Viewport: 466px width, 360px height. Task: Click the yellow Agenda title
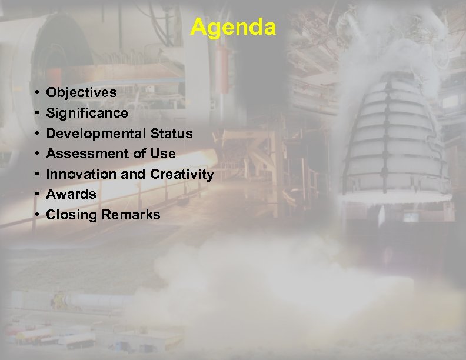[233, 27]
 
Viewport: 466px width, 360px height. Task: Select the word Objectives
[81, 93]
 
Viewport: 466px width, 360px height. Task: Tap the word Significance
[86, 113]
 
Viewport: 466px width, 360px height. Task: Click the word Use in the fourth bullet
[163, 154]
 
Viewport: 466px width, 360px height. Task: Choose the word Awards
[71, 194]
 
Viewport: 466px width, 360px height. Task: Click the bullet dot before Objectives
[37, 93]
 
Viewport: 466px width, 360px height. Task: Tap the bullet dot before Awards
[37, 194]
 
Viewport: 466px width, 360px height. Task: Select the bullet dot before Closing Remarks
[37, 215]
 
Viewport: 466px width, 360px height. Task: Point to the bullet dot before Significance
[37, 113]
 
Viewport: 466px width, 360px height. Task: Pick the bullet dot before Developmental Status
[37, 134]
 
